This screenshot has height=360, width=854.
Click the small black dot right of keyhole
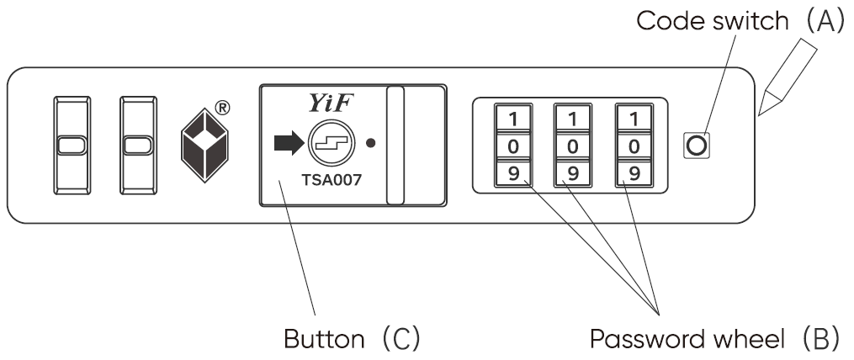click(x=370, y=144)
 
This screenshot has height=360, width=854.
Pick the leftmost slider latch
click(x=70, y=146)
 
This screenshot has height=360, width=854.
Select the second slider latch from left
click(x=136, y=146)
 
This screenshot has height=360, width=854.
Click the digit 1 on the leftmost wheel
click(x=511, y=118)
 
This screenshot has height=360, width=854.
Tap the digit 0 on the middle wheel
click(x=571, y=146)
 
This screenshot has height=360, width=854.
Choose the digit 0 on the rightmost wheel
click(x=634, y=146)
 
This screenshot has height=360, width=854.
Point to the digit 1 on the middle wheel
click(x=571, y=118)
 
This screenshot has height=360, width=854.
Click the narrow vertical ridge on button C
click(x=395, y=144)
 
